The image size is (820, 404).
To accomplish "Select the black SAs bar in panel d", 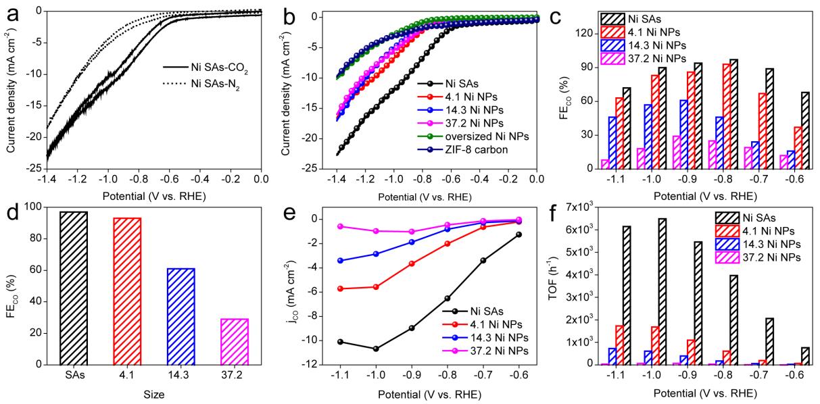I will pos(75,288).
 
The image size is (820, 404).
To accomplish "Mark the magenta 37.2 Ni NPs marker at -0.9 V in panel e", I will pos(412,232).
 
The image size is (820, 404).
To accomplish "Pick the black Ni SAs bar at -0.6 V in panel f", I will pos(805,356).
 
